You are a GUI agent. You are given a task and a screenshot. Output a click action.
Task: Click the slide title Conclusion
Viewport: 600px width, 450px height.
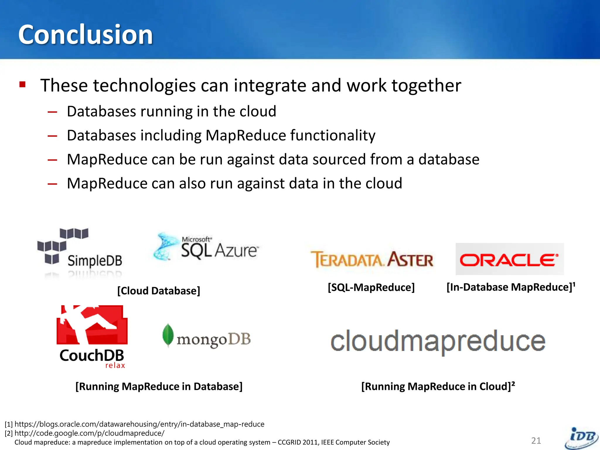click(x=86, y=35)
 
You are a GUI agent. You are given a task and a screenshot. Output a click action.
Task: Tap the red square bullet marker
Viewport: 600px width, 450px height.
click(x=22, y=85)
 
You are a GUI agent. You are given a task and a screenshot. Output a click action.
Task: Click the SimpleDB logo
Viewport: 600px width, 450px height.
click(x=80, y=252)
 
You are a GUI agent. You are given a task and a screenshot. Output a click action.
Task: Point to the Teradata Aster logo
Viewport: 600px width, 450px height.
click(x=372, y=260)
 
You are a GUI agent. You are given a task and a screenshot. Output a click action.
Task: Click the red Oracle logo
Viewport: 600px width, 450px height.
click(x=509, y=259)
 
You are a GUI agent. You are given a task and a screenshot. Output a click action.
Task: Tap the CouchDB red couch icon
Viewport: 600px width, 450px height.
click(x=92, y=325)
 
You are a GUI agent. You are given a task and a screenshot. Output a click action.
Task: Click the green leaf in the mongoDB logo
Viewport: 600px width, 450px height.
click(x=168, y=335)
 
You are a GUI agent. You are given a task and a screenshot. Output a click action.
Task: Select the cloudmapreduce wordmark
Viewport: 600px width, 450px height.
click(x=438, y=341)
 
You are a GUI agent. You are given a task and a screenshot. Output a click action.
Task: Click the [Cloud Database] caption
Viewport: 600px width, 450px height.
click(x=159, y=291)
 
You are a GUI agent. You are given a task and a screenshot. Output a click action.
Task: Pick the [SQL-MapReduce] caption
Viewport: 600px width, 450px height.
click(x=371, y=287)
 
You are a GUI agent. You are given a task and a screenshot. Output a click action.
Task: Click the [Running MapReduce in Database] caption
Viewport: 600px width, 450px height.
click(x=159, y=386)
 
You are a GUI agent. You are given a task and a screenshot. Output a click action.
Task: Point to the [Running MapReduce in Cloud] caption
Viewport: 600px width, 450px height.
click(x=438, y=386)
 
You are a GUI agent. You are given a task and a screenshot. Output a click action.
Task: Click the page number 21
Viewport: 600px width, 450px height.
click(x=536, y=441)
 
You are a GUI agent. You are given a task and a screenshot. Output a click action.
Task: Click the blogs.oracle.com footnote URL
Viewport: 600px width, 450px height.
click(x=139, y=424)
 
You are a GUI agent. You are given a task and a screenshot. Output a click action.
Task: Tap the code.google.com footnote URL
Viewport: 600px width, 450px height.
click(x=89, y=433)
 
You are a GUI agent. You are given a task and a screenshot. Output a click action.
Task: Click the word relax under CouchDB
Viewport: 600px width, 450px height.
click(x=115, y=366)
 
